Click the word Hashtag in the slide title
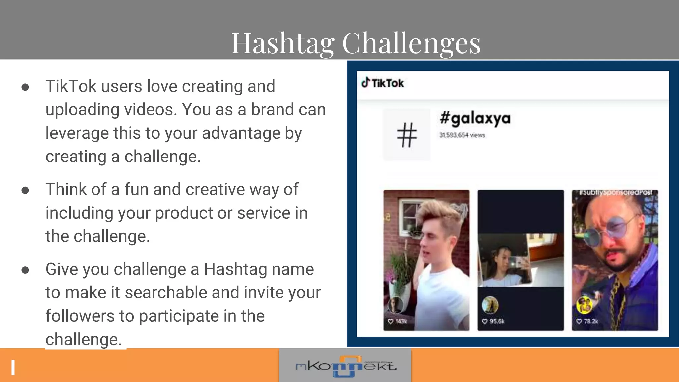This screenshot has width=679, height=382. pos(282,44)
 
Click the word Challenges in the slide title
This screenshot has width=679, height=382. pos(411,44)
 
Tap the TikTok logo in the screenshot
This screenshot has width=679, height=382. pos(383,83)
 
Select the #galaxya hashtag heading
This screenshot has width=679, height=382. pos(475,119)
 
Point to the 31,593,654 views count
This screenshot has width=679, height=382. pos(462,135)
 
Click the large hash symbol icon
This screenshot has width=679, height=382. pos(407,135)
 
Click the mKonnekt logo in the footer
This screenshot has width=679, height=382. pos(345,366)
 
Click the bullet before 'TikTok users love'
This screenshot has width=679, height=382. pos(25,87)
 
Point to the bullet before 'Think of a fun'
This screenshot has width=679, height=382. pos(25,190)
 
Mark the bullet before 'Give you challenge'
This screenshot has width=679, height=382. pos(25,270)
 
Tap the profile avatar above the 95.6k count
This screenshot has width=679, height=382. pos(490,305)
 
